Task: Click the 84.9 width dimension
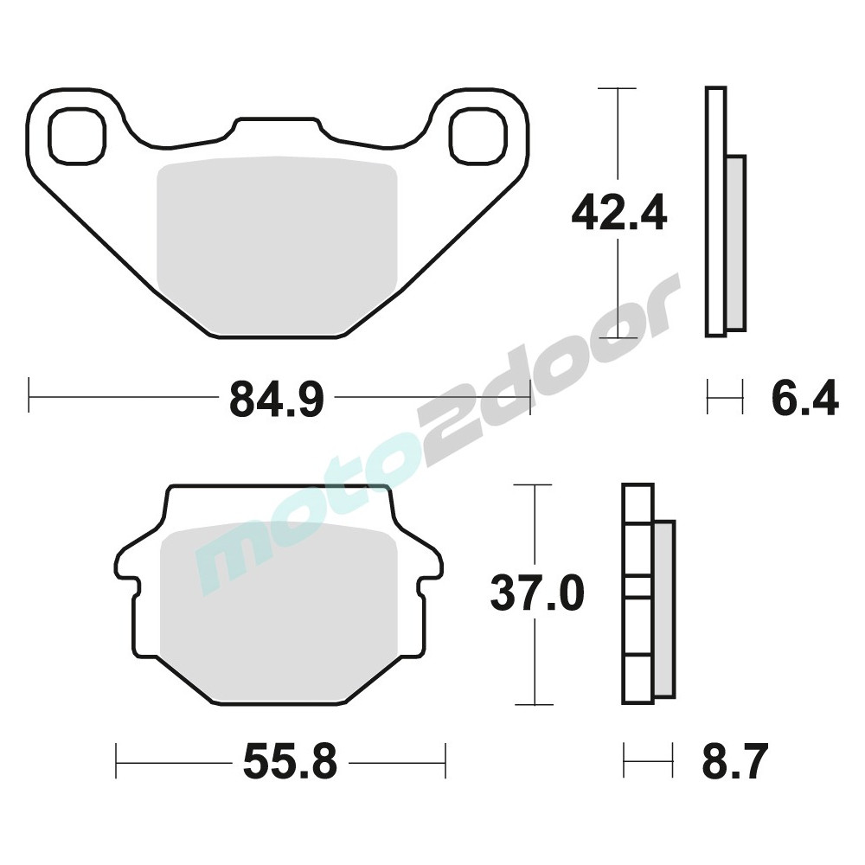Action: click(x=277, y=398)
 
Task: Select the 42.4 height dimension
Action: click(x=619, y=214)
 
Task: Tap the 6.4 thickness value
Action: click(x=804, y=397)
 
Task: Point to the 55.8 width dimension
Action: click(x=290, y=761)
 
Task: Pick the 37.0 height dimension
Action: click(x=537, y=593)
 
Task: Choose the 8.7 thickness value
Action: click(x=734, y=761)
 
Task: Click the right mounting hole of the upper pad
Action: click(x=477, y=137)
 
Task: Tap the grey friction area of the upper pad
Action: click(x=277, y=247)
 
